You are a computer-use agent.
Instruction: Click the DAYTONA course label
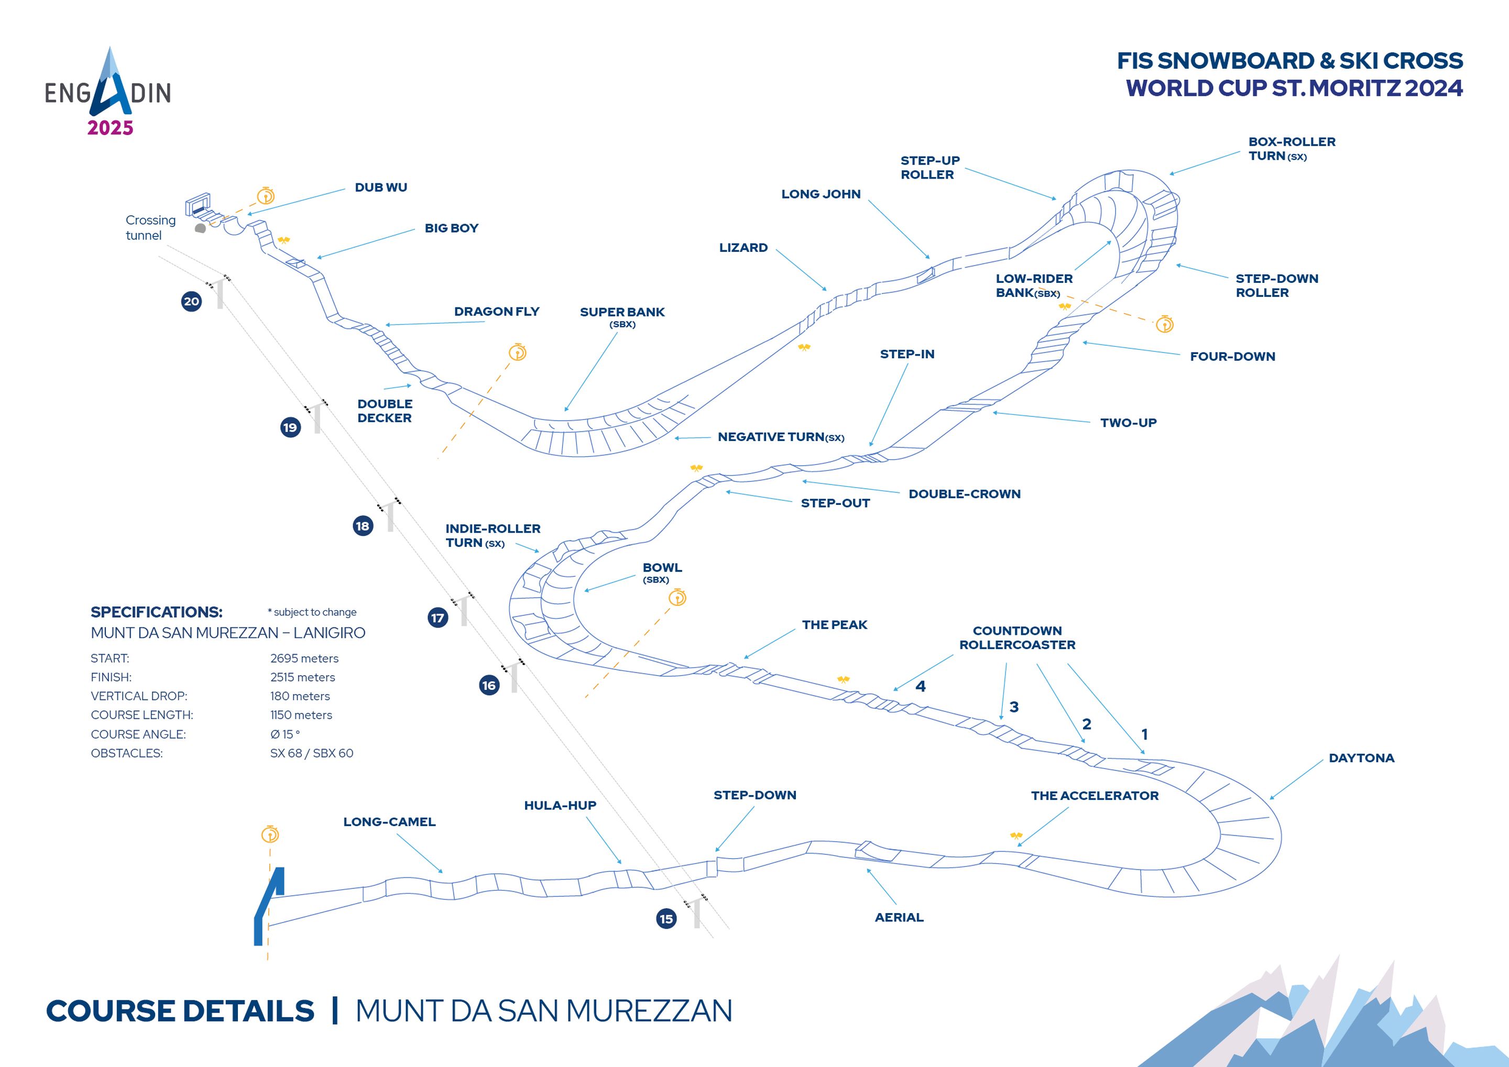coord(1361,757)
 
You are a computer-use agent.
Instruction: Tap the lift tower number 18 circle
coord(363,525)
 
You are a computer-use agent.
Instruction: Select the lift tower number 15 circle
coord(666,919)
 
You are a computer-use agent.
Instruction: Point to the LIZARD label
coord(743,248)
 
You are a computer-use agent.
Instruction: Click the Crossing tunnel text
coord(150,227)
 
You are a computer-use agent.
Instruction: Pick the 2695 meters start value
coord(304,658)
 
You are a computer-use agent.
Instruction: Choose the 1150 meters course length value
coord(301,715)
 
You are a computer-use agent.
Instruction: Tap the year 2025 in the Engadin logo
coord(111,127)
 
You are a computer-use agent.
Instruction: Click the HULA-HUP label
coord(560,806)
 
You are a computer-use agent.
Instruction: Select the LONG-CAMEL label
coord(389,822)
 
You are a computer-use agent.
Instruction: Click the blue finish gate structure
coord(269,906)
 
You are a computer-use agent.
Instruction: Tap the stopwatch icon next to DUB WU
coord(266,195)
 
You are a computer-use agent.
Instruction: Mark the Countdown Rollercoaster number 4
coord(921,687)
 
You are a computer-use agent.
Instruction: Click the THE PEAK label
coord(835,625)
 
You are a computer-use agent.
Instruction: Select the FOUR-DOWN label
coord(1232,357)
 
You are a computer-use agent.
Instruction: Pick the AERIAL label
coord(899,917)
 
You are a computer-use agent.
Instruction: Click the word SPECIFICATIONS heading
coord(157,612)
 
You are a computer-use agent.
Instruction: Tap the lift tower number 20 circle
coord(191,302)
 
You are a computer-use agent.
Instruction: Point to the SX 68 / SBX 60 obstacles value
coord(312,753)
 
